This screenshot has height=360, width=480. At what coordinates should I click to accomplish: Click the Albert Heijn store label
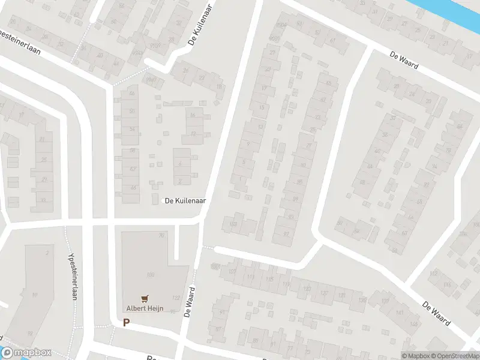coord(144,308)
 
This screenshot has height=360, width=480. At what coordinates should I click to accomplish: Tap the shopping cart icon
coord(144,298)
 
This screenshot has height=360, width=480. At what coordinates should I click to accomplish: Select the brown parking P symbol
coord(126,323)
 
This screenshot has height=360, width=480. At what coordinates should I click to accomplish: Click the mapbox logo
coord(26,353)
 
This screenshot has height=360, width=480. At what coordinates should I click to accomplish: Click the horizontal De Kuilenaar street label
coord(185,201)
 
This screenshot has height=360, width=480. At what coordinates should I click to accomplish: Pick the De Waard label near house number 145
coord(436,313)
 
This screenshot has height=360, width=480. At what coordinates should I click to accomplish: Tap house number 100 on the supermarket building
coord(151,275)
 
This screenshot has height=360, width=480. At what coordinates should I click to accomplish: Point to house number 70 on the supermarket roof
coord(161,236)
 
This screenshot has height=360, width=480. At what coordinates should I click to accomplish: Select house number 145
coord(413,325)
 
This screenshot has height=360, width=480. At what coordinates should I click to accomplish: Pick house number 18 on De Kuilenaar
coord(219,88)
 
